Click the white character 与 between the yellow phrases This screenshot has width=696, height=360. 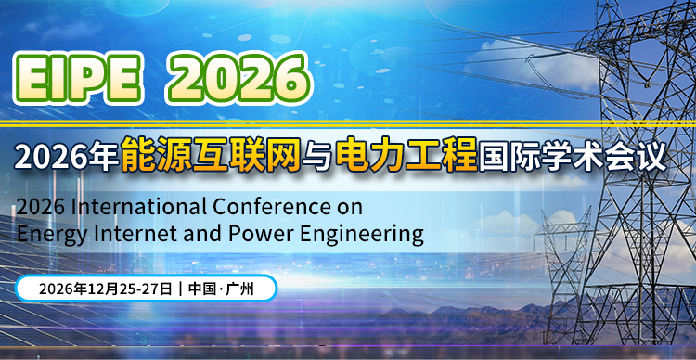318,154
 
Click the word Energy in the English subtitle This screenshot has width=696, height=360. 46,231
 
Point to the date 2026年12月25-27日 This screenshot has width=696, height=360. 104,289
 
